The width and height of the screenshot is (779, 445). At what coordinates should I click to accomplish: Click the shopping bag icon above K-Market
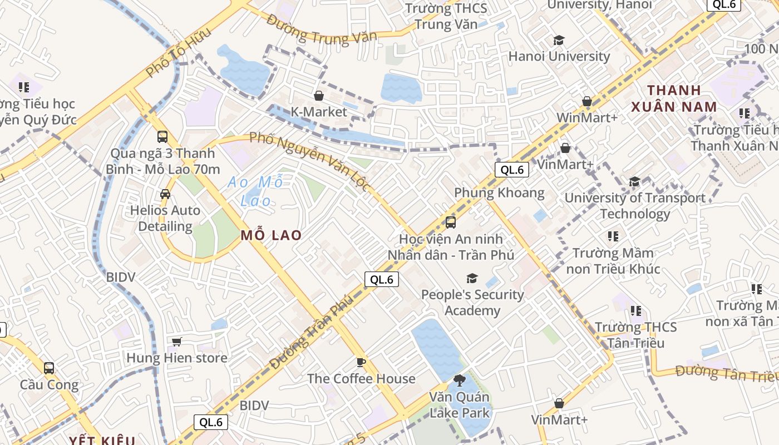point(319,96)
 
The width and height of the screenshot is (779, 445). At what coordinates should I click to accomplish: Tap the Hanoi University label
point(559,56)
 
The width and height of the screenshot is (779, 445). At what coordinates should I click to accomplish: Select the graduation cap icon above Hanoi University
point(559,41)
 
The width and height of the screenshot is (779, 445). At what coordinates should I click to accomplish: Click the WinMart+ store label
point(587,118)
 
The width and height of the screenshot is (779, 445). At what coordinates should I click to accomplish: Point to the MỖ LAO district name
point(271,235)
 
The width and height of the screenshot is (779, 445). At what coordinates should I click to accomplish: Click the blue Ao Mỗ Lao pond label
point(257,191)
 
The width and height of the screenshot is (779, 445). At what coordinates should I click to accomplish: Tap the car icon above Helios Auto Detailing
point(165,194)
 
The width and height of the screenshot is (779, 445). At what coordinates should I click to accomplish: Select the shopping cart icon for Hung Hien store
point(177,342)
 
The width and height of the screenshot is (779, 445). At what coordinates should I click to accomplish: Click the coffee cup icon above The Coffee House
point(361,363)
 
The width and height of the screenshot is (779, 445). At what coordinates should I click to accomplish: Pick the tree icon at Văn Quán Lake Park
point(459,380)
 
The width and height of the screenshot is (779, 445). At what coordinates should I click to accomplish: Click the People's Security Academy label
point(472,302)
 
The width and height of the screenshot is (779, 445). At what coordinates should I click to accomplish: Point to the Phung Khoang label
point(499,193)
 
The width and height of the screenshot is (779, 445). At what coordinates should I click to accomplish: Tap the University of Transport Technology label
point(635,205)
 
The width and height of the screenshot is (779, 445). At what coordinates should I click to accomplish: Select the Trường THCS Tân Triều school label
point(635,334)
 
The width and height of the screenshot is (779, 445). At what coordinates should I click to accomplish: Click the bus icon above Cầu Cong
point(49,368)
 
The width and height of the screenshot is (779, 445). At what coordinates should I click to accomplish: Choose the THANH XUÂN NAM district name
point(673,98)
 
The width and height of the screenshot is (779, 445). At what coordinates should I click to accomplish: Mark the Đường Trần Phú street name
point(312,333)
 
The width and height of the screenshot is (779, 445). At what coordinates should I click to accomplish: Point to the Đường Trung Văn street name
point(321,29)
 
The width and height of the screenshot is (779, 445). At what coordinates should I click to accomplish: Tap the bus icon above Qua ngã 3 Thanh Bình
point(162,137)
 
